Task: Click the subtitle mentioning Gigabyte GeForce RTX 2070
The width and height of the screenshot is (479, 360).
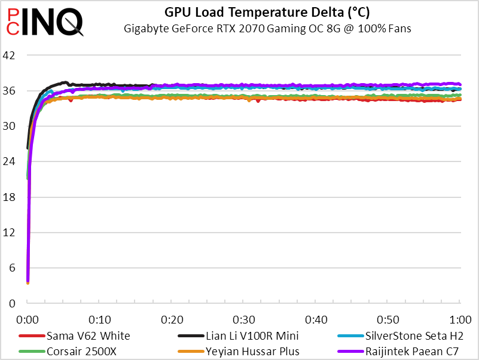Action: [x=267, y=28]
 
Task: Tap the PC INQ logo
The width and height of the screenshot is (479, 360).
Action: [x=42, y=22]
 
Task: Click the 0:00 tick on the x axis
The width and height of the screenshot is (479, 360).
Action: [x=28, y=318]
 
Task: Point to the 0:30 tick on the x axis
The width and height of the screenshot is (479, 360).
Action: [x=244, y=318]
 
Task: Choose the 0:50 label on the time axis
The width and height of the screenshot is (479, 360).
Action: [x=388, y=318]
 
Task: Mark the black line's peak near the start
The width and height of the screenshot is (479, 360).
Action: [x=65, y=83]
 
